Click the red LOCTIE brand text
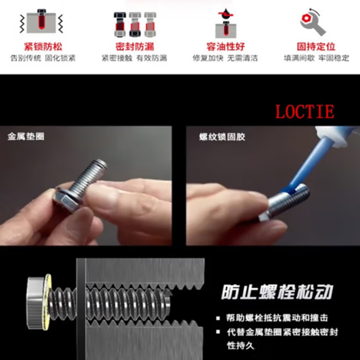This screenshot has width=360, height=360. tap(305, 112)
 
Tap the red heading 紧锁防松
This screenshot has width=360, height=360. tap(43, 47)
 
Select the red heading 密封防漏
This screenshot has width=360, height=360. tap(135, 47)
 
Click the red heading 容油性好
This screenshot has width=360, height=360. tap(225, 47)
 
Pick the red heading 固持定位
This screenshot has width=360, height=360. tap(316, 47)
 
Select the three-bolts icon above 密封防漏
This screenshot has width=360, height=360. tap(135, 24)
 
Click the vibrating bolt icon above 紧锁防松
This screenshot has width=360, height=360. tap(41, 21)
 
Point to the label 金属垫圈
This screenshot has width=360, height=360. tap(26, 136)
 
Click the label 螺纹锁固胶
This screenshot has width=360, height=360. tap(222, 137)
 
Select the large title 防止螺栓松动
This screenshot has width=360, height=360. tap(277, 292)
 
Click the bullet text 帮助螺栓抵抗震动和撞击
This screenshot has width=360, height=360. tap(277, 318)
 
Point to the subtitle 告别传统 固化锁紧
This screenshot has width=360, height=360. tap(43, 58)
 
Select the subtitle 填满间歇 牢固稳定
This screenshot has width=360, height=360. tap(316, 58)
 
